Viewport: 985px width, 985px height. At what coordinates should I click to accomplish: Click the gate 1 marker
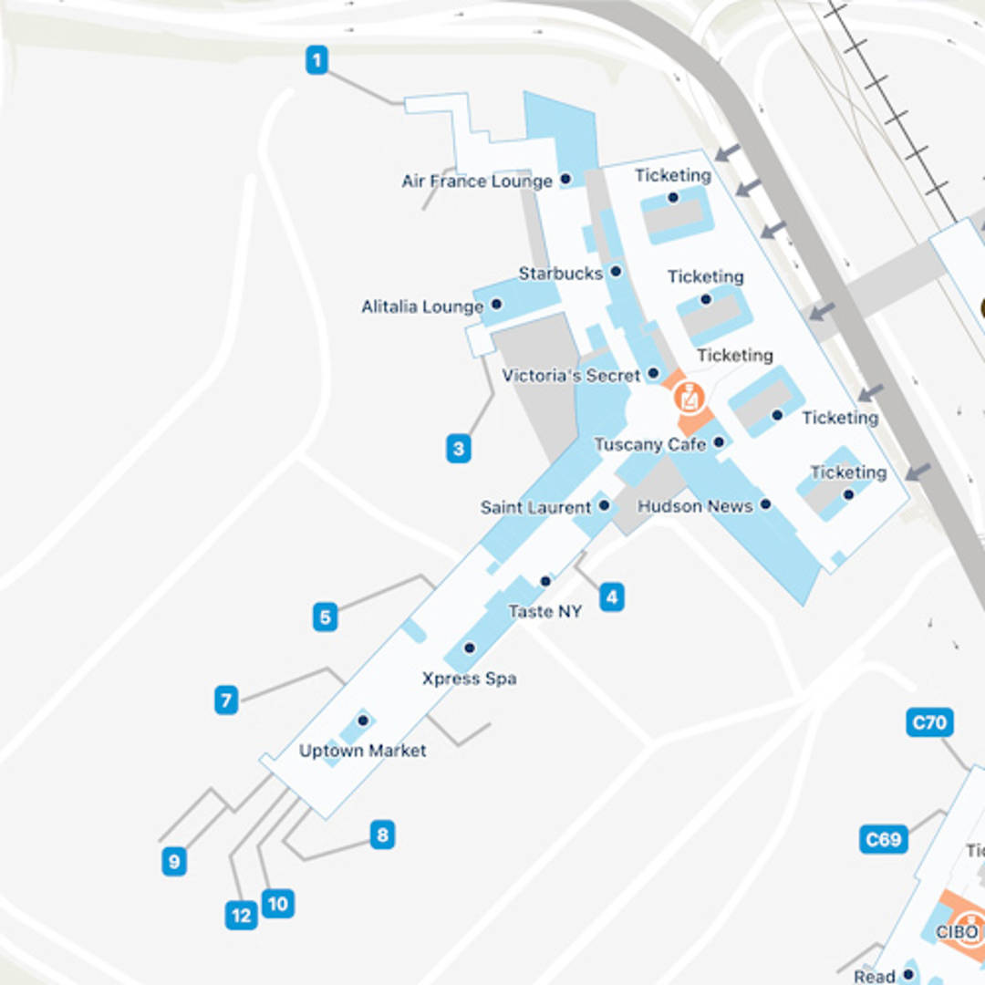point(316,61)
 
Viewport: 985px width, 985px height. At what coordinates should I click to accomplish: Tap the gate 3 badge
point(459,448)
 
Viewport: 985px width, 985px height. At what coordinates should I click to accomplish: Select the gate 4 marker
point(612,597)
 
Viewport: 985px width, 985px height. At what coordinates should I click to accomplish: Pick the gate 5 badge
point(325,617)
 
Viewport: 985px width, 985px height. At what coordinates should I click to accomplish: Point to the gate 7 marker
point(226,700)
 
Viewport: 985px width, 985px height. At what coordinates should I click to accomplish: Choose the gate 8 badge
point(382,835)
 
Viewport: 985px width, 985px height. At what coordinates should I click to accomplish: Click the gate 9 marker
point(174,861)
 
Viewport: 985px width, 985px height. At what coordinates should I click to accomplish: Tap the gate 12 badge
point(242,916)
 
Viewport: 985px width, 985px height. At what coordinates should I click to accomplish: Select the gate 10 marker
point(277,904)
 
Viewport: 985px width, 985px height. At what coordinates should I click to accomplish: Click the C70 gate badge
point(929,723)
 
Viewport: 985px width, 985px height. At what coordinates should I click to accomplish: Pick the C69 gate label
point(883,839)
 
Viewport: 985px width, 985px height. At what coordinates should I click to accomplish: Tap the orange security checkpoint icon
point(689,399)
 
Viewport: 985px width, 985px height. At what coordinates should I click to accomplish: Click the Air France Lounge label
point(477,181)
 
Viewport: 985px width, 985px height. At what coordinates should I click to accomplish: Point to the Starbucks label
point(561,273)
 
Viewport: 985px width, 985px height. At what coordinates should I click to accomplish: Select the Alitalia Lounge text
point(422,306)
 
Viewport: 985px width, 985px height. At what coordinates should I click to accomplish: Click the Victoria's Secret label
point(572,375)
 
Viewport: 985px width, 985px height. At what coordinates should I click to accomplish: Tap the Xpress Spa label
point(469,679)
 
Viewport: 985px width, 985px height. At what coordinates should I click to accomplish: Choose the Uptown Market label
point(363,751)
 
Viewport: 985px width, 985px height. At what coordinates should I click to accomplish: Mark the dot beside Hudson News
point(765,504)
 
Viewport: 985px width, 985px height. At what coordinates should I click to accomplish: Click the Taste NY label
point(544,611)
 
